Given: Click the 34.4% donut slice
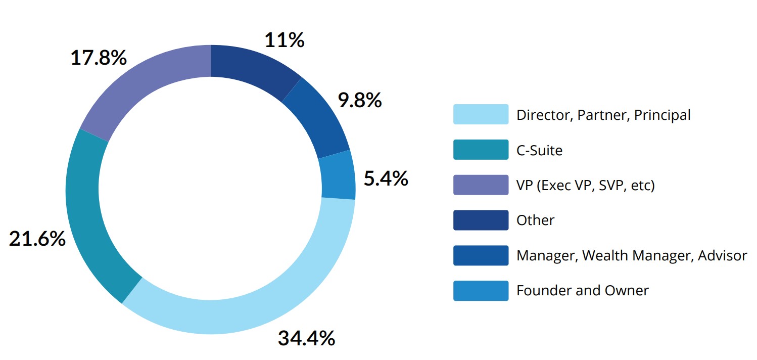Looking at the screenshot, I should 263,298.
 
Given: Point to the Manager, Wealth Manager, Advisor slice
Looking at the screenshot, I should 318,119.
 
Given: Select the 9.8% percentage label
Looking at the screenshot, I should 359,101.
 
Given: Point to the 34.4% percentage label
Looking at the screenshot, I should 306,338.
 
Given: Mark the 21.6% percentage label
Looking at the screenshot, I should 37,239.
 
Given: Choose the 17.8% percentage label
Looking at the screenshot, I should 98,58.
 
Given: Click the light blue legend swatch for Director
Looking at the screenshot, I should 481,114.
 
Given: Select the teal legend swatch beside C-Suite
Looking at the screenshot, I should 481,150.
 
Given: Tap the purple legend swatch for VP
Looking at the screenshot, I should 481,185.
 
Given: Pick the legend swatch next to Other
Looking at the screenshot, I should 481,220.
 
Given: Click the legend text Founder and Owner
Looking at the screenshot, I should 582,290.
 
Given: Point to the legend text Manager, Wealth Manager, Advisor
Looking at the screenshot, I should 631,255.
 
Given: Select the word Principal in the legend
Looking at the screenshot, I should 662,115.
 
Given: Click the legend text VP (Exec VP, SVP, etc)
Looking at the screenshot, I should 585,186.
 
